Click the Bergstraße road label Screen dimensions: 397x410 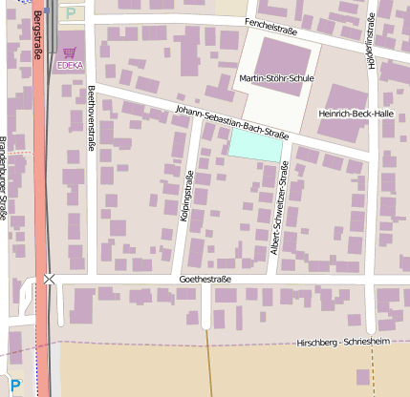(37, 35)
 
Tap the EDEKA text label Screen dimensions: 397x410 (69, 66)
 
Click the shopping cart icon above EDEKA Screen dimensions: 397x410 (69, 52)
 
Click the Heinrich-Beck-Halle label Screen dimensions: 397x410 (356, 114)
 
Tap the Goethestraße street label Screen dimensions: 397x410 (206, 280)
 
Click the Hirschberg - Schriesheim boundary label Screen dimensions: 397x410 (345, 342)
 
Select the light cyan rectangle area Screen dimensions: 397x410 (256, 144)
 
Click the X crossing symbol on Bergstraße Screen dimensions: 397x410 (49, 279)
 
